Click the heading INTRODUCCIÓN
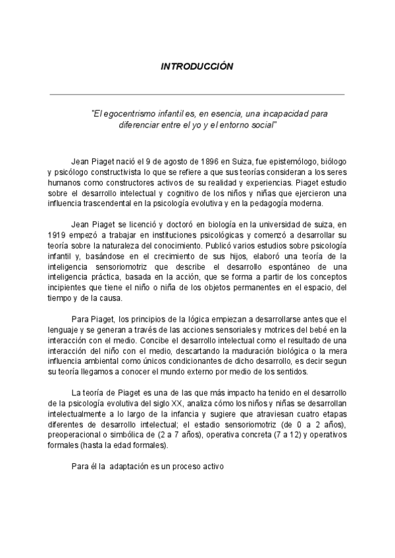point(197,66)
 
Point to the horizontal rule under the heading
point(197,95)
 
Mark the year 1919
point(59,235)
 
